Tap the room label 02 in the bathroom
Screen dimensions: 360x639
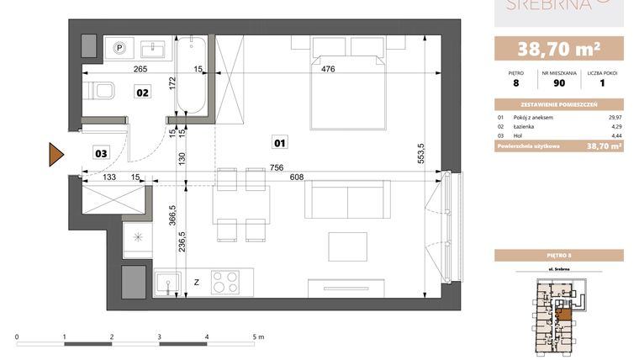click(143, 93)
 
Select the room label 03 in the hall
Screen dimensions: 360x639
click(100, 153)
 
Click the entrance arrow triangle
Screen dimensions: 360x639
click(56, 154)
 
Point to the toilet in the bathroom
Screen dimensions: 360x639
click(103, 90)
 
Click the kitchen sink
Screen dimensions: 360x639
click(169, 282)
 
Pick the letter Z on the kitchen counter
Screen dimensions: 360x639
click(197, 283)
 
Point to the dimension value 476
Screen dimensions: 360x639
click(327, 70)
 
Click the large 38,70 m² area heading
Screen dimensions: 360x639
click(558, 46)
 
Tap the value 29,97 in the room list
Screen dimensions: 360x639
click(614, 118)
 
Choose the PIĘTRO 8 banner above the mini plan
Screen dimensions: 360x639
click(558, 255)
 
